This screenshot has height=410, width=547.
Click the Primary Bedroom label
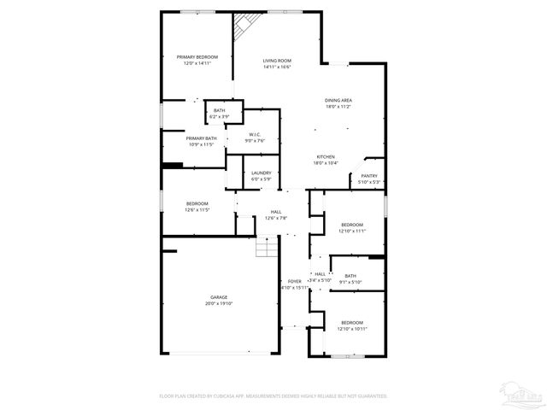(x=197, y=57)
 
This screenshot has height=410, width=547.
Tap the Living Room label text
(x=277, y=61)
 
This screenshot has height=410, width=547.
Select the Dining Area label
(x=338, y=101)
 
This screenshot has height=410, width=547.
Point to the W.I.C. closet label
(x=255, y=134)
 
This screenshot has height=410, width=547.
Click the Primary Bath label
(x=201, y=138)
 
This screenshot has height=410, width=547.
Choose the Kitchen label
(x=326, y=157)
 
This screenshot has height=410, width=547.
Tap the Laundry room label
(x=261, y=173)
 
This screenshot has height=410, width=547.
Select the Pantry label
(x=368, y=176)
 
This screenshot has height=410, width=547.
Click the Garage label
(x=219, y=297)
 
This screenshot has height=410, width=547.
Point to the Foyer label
(x=294, y=281)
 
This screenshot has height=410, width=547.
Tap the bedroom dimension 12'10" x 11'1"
(x=351, y=231)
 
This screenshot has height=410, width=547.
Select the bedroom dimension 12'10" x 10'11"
(x=351, y=329)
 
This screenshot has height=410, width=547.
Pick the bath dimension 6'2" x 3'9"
(x=220, y=115)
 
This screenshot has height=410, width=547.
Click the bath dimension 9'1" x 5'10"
(x=350, y=282)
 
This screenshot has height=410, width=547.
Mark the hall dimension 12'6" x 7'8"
(x=276, y=218)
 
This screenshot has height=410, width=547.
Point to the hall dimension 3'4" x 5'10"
(x=319, y=280)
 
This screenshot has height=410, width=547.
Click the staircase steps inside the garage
(x=268, y=249)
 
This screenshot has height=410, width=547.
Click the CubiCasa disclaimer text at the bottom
(x=273, y=395)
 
